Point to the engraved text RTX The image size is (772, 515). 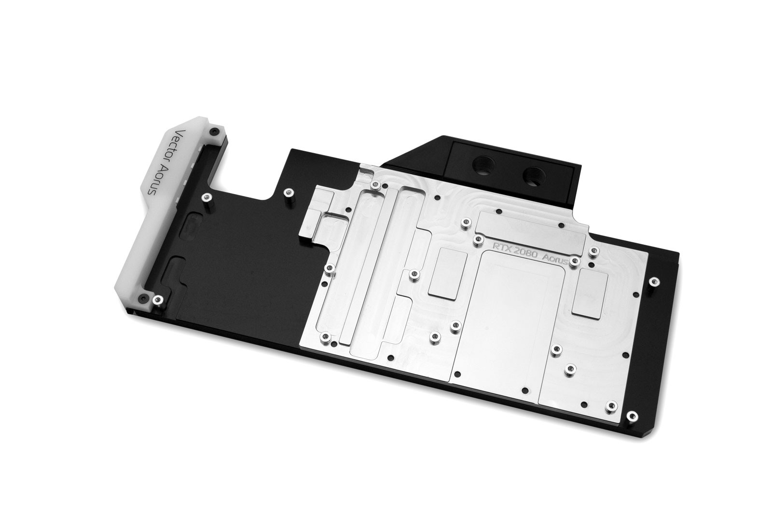pyautogui.click(x=501, y=246)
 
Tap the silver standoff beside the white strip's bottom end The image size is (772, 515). pyautogui.click(x=157, y=300)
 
